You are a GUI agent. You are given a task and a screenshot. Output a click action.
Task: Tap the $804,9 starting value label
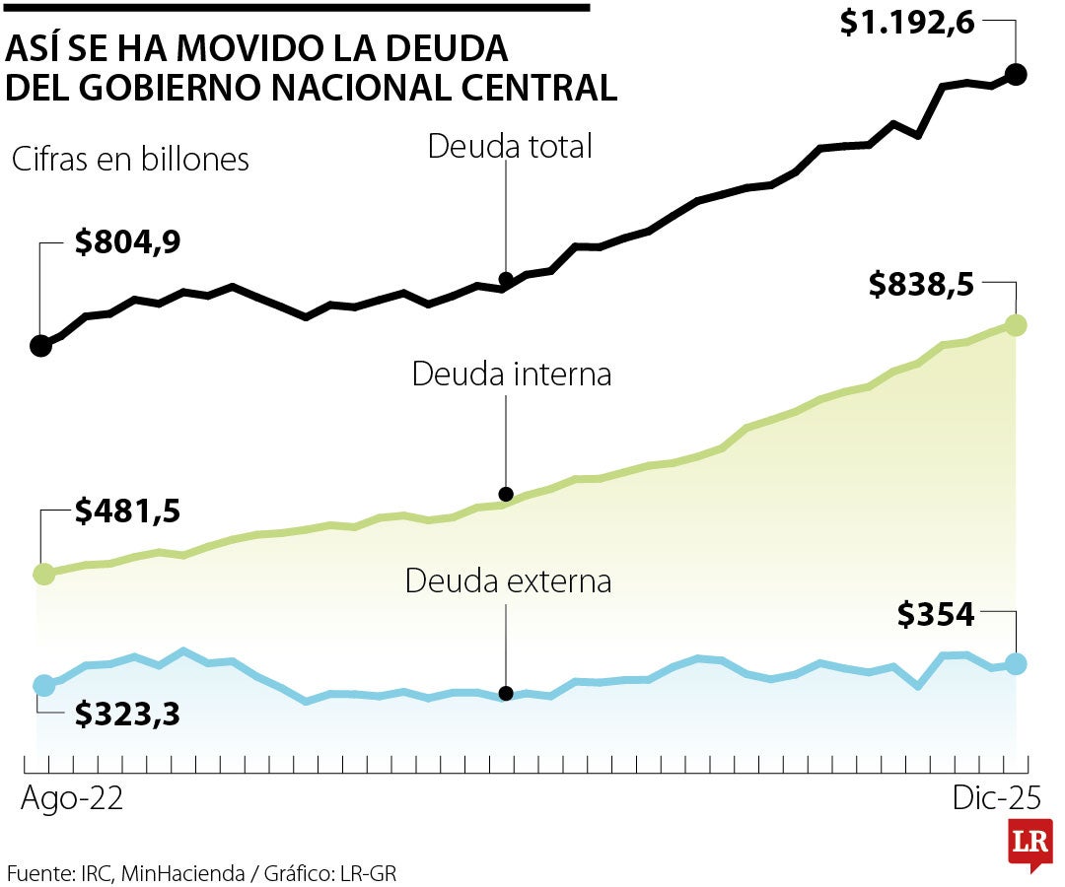[x=127, y=241]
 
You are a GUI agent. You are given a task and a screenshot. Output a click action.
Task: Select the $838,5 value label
[x=921, y=285]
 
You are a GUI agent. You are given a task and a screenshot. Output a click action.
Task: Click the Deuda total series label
[x=509, y=146]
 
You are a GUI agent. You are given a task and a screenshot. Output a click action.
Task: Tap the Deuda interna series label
[x=512, y=375]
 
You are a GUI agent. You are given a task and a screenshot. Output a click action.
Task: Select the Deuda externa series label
[x=508, y=580]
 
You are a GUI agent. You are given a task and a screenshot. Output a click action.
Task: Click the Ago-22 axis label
[x=72, y=798]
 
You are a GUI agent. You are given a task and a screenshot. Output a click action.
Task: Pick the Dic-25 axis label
[x=996, y=798]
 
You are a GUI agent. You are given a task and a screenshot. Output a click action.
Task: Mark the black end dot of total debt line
[x=1017, y=74]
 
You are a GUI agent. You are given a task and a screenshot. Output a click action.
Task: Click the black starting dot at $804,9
[x=40, y=345]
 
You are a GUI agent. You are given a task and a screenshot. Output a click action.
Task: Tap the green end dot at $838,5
[x=1017, y=324]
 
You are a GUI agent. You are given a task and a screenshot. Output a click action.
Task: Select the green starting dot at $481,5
[x=42, y=574]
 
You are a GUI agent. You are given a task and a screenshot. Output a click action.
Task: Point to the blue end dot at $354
[x=1017, y=664]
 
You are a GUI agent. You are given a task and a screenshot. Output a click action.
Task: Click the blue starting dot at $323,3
[x=42, y=685]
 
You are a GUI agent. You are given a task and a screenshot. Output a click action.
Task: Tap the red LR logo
[x=1029, y=845]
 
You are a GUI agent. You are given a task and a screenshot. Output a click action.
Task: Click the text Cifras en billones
[x=130, y=160]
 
